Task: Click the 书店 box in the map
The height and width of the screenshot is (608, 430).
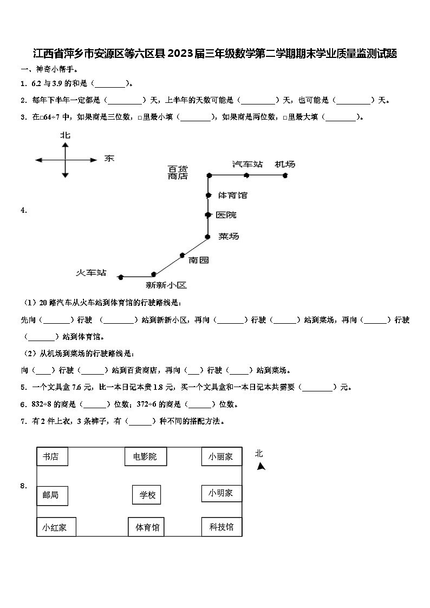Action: coord(52,456)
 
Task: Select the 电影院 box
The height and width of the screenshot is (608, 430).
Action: coord(145,456)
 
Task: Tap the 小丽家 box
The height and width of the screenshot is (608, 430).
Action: coord(221,456)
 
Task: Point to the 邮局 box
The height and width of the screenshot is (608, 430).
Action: coord(52,494)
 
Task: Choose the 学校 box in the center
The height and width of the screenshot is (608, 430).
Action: coord(147,494)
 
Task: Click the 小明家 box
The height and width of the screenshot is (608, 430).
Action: coord(221,493)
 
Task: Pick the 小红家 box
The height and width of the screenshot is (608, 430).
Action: coord(56,527)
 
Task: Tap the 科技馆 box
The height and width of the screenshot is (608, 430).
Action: coord(221,526)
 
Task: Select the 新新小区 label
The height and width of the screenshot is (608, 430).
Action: coord(166,285)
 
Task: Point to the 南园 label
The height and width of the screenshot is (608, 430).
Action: coord(198,260)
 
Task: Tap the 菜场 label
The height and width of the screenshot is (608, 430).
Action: coord(228,237)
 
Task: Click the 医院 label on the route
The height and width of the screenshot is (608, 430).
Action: coord(226,215)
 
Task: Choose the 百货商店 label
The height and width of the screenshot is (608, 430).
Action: coord(178,172)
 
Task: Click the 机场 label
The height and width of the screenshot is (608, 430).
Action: coord(285,164)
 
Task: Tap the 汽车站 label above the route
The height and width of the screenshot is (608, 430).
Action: coord(247,164)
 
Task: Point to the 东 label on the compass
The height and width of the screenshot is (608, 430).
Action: coord(109,159)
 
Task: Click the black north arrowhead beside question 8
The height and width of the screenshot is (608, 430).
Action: coord(261,467)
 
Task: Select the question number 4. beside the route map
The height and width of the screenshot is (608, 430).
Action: coord(24,211)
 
